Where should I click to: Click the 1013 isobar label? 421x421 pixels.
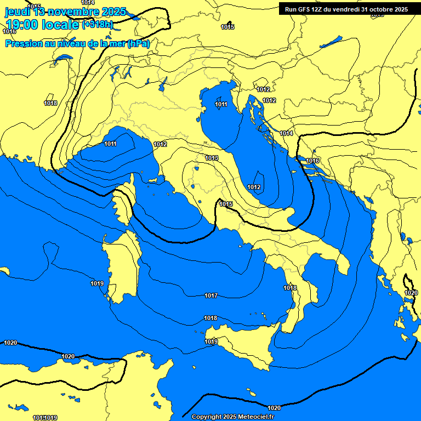tap(212, 158)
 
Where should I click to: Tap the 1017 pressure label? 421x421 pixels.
tap(211, 296)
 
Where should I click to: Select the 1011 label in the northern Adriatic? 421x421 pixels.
tap(221, 104)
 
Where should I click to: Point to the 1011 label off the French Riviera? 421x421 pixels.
tap(110, 144)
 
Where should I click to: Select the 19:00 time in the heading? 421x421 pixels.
tap(24, 25)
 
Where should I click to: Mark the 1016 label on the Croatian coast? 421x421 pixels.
tap(312, 161)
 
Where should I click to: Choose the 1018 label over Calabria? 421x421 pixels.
tap(290, 288)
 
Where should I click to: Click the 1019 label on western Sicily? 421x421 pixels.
tap(211, 342)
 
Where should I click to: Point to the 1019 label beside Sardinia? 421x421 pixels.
tap(97, 283)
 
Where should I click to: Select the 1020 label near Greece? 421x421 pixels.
tap(411, 293)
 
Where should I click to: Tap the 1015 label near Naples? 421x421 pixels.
tap(226, 204)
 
